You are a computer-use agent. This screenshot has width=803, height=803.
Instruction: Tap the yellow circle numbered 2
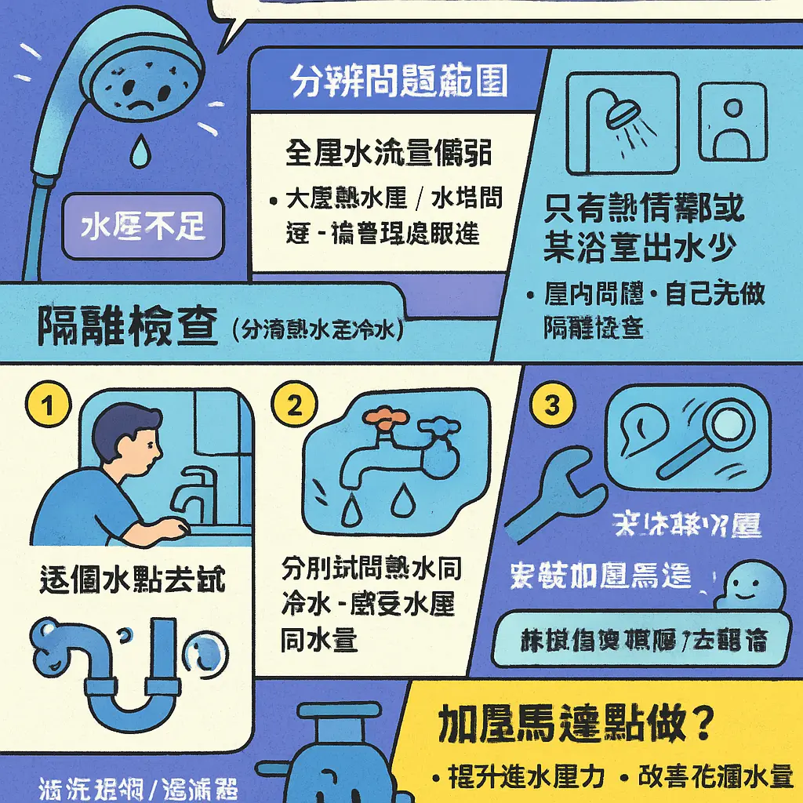click(x=295, y=405)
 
